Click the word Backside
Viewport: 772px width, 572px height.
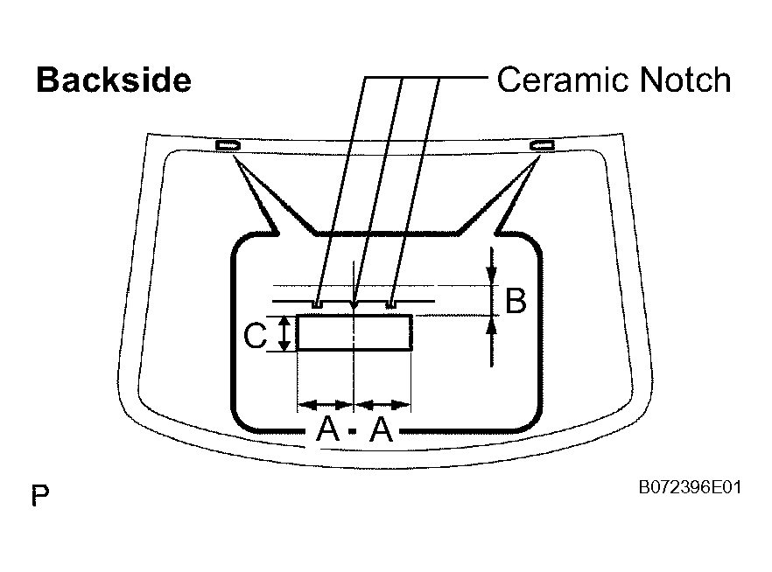pos(114,80)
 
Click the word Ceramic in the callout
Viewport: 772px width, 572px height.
pos(564,80)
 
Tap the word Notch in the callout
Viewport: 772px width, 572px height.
pos(684,80)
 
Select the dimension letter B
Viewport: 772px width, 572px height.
pos(516,301)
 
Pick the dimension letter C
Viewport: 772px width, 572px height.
pos(255,337)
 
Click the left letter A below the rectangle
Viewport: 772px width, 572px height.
pos(328,429)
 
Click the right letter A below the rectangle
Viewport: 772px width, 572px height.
pos(382,429)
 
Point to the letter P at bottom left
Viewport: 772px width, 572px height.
pos(40,495)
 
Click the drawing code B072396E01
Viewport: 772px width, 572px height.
pos(690,487)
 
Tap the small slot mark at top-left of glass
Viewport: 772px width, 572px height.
pos(228,145)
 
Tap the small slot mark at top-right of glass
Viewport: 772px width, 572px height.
pos(542,145)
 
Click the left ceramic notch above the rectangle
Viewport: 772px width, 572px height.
pos(317,304)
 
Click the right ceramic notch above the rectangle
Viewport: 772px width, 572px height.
pos(390,304)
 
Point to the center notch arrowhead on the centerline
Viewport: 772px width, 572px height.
pos(354,305)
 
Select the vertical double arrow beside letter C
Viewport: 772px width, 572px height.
pos(284,333)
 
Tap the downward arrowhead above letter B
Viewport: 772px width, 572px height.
pos(491,275)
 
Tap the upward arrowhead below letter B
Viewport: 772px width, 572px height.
pos(491,326)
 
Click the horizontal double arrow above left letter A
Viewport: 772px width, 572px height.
pos(326,405)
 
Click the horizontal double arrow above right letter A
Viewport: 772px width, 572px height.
pos(382,405)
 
